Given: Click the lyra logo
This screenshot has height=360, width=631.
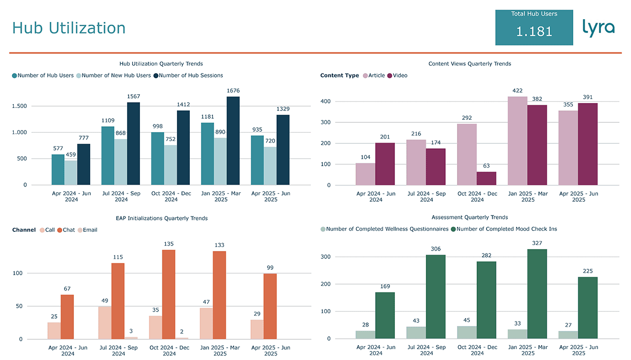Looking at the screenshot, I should tap(598, 28).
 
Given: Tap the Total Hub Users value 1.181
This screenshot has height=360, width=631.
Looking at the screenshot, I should tap(534, 32).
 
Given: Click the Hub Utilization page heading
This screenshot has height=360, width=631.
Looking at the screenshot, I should tap(69, 28).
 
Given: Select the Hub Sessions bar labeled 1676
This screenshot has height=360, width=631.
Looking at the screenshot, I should tap(233, 141).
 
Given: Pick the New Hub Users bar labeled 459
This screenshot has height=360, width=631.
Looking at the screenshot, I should tap(70, 173).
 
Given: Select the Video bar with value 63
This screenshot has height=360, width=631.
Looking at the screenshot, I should tap(487, 179).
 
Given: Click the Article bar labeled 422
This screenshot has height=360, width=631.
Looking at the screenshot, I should tap(518, 141).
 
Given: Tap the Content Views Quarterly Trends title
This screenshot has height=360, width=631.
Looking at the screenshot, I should tap(469, 64).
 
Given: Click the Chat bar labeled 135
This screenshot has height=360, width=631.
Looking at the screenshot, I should tap(169, 294).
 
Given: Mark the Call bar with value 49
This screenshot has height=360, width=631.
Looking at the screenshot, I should tap(105, 323).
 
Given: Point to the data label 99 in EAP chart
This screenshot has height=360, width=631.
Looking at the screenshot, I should tap(270, 268).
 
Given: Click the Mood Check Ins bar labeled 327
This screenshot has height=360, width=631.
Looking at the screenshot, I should tap(537, 293).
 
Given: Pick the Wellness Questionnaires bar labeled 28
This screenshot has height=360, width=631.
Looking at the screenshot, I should tap(365, 334).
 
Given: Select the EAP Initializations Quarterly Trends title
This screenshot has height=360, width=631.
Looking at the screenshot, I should tap(161, 218).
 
